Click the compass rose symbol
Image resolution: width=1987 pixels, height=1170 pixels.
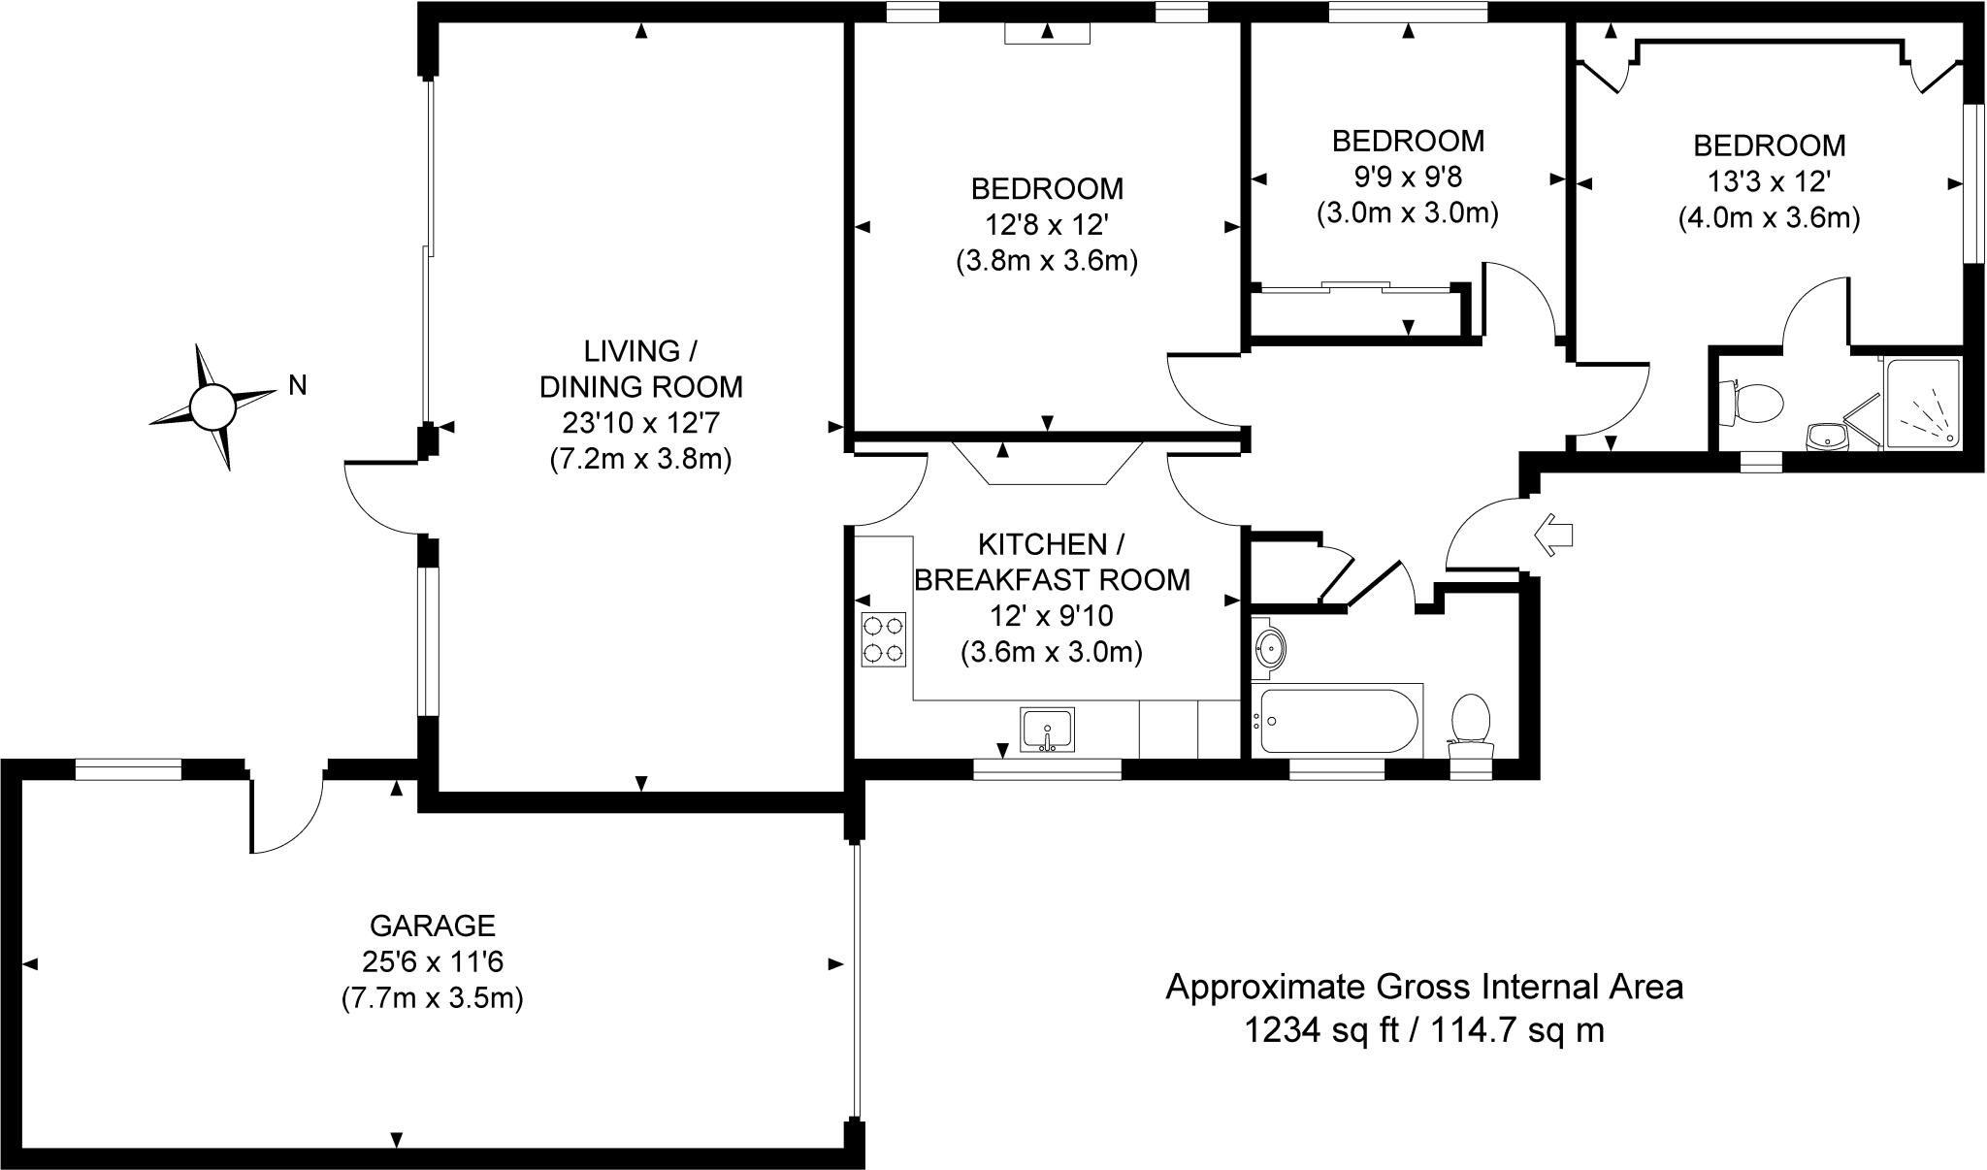(x=212, y=406)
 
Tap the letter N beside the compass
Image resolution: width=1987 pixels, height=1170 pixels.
(x=298, y=386)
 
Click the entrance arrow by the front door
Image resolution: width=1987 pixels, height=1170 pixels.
(x=1553, y=535)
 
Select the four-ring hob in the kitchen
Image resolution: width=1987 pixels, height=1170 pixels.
(x=883, y=638)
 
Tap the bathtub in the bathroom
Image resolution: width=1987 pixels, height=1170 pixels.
(x=1337, y=721)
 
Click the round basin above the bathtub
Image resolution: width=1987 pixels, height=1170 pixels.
(x=1270, y=646)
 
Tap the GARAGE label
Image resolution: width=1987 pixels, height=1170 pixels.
(x=433, y=925)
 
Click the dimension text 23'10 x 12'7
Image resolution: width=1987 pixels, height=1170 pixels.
(x=640, y=423)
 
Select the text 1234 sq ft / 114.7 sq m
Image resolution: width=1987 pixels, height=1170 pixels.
(x=1423, y=1030)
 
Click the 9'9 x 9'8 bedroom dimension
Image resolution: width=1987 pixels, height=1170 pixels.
(x=1407, y=177)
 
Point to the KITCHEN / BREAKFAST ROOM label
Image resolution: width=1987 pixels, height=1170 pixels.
(x=1052, y=561)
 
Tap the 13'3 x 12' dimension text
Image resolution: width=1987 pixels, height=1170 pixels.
(x=1769, y=181)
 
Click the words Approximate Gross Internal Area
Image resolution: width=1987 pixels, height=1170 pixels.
(x=1423, y=987)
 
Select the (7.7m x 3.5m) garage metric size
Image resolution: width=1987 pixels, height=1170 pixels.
(x=433, y=998)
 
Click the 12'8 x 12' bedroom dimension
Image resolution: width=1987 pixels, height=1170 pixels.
(x=1047, y=224)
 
